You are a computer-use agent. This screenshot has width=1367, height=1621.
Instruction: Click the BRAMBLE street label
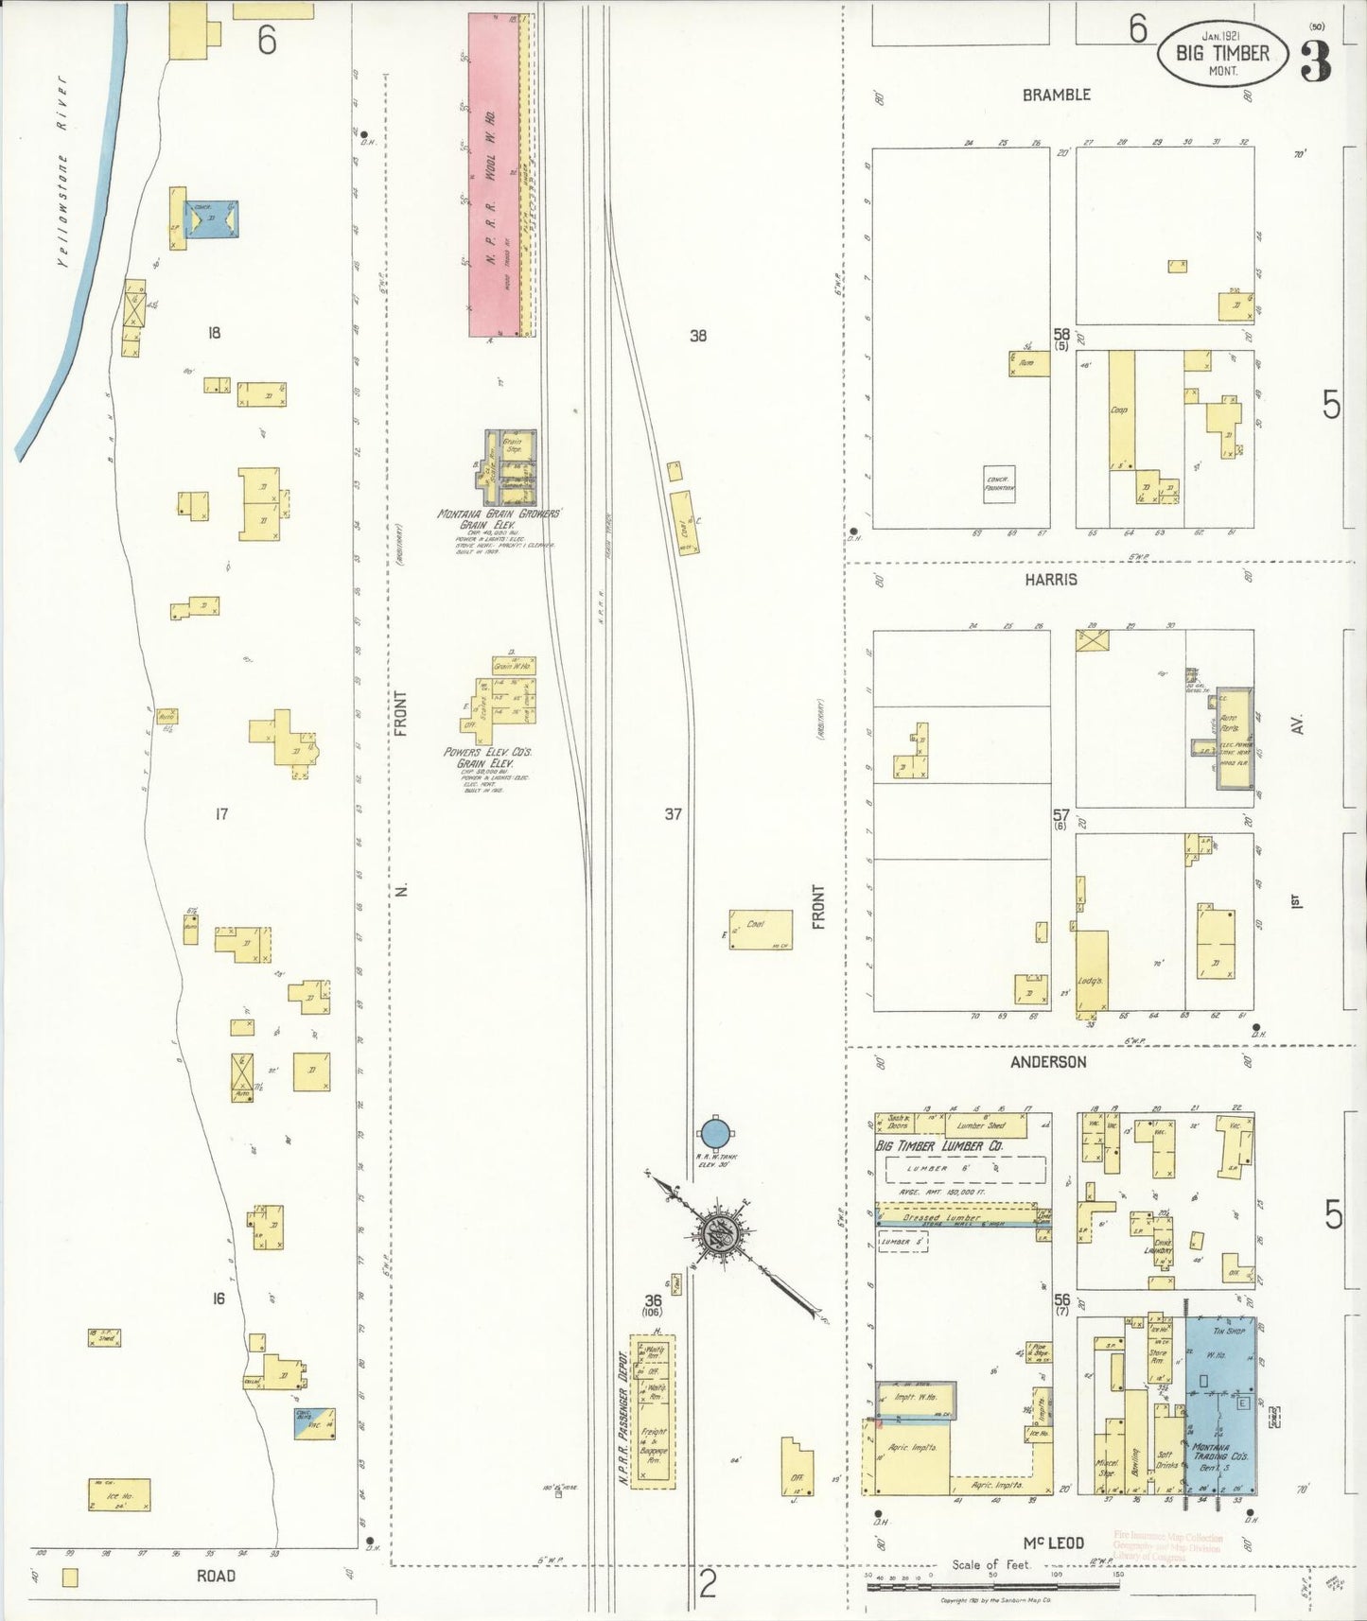[1056, 95]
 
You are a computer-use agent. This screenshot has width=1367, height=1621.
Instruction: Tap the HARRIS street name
[1050, 579]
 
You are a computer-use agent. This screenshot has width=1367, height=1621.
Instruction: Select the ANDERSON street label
[1047, 1062]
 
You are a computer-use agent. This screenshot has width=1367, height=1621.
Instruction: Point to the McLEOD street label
[1053, 1543]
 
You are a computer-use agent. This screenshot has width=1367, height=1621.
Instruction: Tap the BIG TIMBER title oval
[1221, 53]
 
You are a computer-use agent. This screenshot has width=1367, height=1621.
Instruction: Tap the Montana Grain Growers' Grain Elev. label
[499, 519]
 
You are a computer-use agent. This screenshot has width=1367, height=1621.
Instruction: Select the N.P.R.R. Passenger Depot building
[653, 1412]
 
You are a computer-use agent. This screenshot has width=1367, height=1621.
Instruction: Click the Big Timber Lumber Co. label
[940, 1146]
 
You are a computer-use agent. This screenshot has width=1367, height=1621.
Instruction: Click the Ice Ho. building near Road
[119, 1495]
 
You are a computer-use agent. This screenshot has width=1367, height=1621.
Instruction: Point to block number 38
[697, 335]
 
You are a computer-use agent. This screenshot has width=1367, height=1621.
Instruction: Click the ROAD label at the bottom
[216, 1576]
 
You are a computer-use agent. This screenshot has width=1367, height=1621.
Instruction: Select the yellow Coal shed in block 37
[760, 929]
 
